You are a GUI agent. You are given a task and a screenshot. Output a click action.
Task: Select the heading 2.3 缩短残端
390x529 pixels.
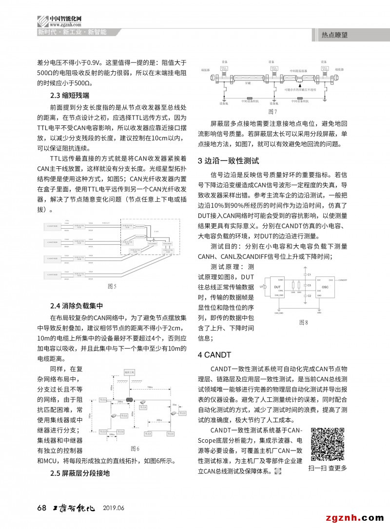(x=70, y=95)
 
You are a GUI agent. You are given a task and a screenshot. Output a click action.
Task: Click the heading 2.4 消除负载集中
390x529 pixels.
(x=77, y=306)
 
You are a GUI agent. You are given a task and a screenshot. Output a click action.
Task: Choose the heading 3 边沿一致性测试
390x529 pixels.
(x=228, y=160)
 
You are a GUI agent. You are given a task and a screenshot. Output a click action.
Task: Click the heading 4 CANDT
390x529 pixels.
(x=214, y=354)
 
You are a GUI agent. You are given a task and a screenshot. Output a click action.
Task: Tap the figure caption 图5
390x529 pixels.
(x=112, y=286)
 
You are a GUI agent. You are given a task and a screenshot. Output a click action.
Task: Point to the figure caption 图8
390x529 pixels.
(x=303, y=322)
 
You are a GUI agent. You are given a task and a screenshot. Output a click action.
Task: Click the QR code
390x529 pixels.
(x=328, y=444)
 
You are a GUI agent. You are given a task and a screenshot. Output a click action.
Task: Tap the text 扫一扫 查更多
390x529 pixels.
(x=328, y=468)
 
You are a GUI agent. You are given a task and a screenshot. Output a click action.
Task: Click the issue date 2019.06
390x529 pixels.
(x=114, y=508)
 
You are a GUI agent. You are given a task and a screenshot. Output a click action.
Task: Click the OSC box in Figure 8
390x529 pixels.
(x=324, y=288)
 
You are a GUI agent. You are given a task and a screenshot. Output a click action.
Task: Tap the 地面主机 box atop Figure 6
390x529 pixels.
(x=130, y=372)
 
